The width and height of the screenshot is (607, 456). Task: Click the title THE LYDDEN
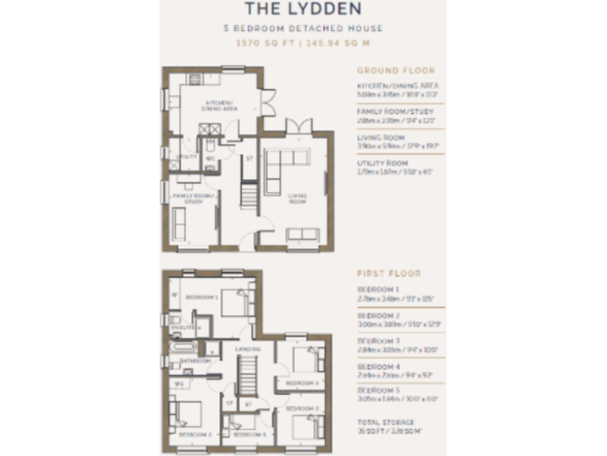pos(303,9)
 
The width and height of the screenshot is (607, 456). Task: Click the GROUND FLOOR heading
pos(389,70)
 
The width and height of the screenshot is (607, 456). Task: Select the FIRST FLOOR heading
pos(388,274)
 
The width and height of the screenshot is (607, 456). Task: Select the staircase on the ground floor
pos(249,195)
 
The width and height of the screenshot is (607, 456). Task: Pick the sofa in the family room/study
pos(179,226)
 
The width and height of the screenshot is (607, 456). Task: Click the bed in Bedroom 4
pos(307,359)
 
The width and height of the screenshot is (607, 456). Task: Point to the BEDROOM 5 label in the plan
pos(247,435)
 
